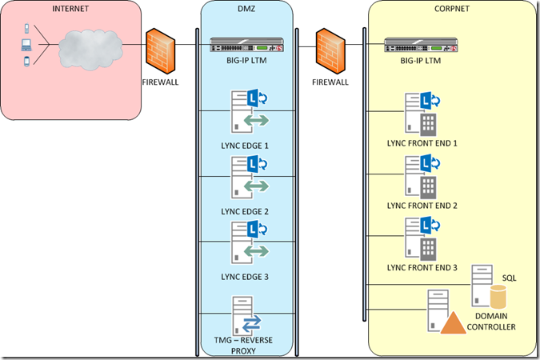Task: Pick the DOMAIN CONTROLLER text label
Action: (x=492, y=322)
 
